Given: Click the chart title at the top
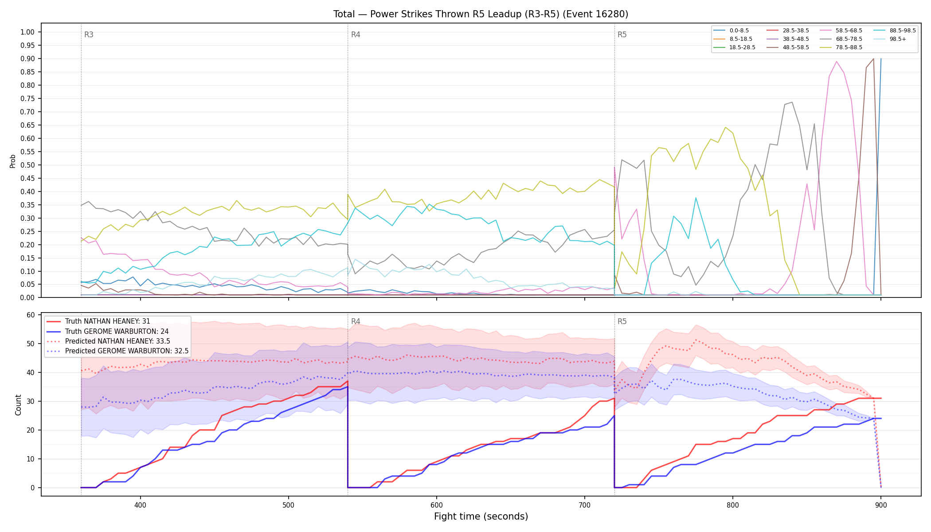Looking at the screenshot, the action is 481,14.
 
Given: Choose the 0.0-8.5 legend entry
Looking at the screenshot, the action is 731,31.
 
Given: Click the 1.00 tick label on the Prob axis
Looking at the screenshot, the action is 27,32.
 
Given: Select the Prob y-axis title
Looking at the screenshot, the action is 13,161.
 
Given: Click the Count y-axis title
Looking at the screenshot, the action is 18,405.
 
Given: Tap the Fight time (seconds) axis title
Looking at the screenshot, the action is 481,516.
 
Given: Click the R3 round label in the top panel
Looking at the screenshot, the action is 89,35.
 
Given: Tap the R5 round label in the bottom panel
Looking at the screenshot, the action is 622,321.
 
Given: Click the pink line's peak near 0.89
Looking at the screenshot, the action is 836,62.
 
